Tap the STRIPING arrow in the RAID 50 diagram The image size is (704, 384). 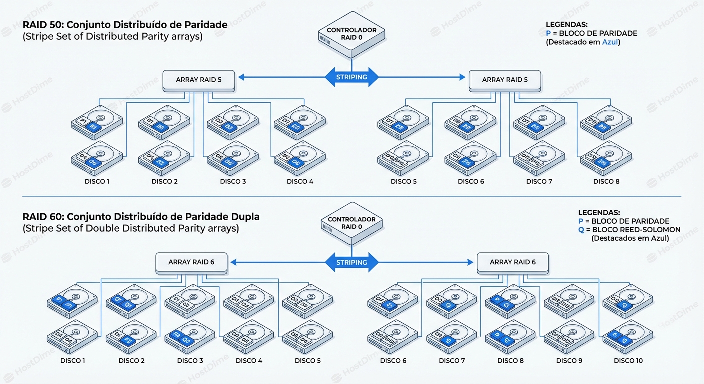[x=352, y=77]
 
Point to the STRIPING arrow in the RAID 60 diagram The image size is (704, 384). [x=352, y=262]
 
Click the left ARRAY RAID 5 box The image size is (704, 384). [x=199, y=80]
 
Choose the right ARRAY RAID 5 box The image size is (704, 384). [x=505, y=80]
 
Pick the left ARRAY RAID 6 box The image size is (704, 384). [x=191, y=262]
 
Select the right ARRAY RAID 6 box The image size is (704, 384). [x=513, y=262]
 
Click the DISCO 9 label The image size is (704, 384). [x=569, y=361]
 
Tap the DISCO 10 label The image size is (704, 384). [x=628, y=361]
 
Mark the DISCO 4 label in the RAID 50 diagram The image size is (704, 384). [x=300, y=182]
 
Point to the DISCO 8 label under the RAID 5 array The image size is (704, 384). [x=606, y=182]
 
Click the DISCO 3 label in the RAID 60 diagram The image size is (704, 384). [x=190, y=361]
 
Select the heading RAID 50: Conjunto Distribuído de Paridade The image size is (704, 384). [x=125, y=25]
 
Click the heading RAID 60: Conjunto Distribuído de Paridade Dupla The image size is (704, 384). [x=141, y=217]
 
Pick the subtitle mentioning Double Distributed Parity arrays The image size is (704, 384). [x=131, y=229]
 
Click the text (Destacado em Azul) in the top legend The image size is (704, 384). [x=583, y=42]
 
